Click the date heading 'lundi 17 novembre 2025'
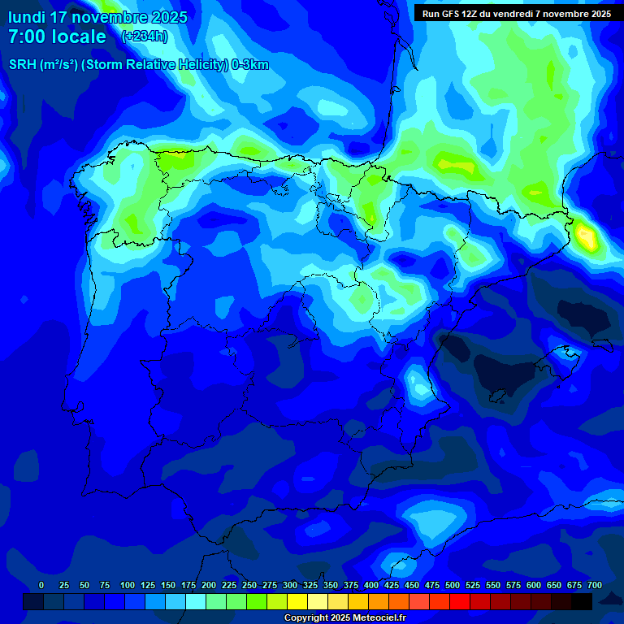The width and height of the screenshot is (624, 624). coord(97,17)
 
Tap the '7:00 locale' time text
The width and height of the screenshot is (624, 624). coord(57,37)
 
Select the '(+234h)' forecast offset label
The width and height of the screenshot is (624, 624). coord(144,37)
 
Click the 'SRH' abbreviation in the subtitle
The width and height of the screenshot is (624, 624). coord(24,65)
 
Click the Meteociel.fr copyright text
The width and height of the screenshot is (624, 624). coord(344,618)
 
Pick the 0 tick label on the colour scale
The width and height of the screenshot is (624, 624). coord(41,586)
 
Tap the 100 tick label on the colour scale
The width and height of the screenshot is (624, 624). coord(128,586)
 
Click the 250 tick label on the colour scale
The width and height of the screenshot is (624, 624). coord(249,586)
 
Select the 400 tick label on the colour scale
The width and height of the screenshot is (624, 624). coord(371,586)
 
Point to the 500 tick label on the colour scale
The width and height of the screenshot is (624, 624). coord(453,586)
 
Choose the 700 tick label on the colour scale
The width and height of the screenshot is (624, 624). coord(595,586)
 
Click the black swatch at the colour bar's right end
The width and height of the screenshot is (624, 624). coord(582,601)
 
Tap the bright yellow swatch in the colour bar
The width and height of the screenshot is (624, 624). coord(297,601)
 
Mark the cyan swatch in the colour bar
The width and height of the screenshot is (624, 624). coord(196,601)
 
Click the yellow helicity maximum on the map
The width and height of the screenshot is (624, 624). coord(585,236)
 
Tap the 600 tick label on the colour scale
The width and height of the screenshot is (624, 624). coord(534,586)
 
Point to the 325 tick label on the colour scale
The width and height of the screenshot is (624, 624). coord(310,586)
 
